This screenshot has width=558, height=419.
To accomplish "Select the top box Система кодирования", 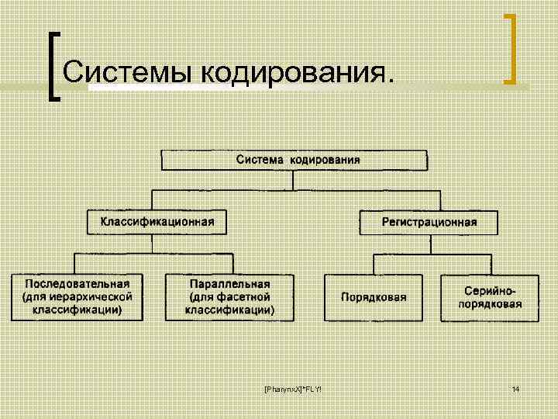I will click(294, 161).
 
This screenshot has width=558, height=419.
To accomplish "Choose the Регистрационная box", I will click(429, 223).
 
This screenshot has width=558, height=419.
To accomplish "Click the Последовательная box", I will click(77, 296).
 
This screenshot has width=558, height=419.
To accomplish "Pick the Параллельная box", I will click(229, 296).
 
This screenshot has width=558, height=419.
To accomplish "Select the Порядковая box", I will click(374, 297).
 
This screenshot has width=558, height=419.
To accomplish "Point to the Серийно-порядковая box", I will click(493, 297).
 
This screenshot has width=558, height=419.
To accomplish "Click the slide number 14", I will click(515, 387).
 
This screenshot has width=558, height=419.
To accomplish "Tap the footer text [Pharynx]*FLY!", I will click(293, 387).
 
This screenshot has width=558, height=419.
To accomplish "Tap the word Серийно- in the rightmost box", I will click(493, 289).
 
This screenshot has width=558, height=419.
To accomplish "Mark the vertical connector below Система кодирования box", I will click(294, 181).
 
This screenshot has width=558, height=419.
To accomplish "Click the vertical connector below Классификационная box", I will click(152, 244).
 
